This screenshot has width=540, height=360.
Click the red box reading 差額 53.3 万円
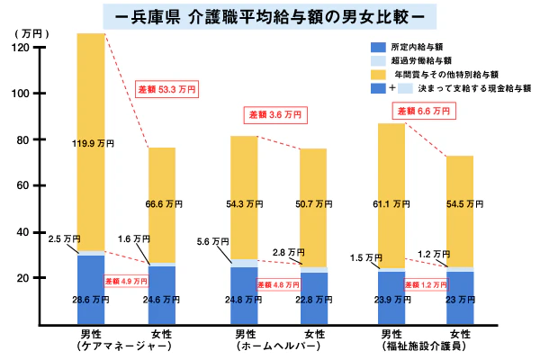click(x=166, y=89)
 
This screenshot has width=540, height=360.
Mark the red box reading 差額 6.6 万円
click(x=422, y=111)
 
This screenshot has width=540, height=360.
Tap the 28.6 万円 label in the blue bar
click(x=91, y=299)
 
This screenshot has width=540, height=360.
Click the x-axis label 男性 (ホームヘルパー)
click(x=244, y=339)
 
